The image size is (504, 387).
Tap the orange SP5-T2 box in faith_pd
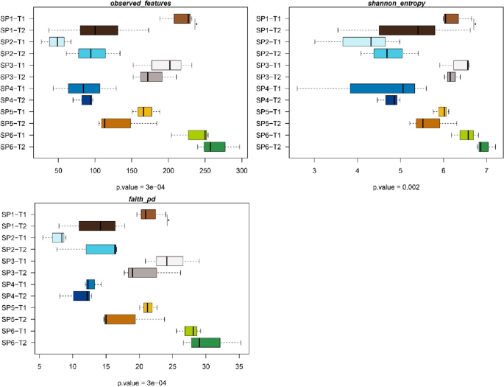point(121,319)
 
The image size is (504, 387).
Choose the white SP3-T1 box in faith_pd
point(169,261)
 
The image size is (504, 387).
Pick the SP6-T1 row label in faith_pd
point(16,331)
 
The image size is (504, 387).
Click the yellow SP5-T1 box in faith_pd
point(148,307)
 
